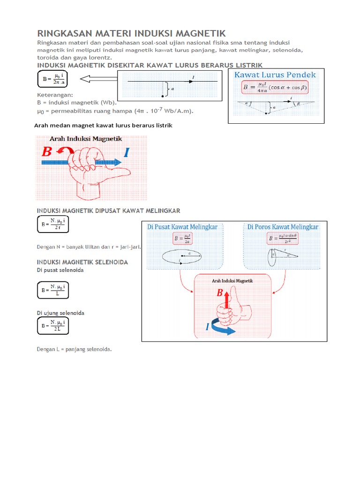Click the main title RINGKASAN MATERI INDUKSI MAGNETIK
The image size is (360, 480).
131,33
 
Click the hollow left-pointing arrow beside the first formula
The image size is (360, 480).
96,79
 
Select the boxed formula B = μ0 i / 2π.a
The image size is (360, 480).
52,79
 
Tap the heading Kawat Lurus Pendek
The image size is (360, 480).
275,75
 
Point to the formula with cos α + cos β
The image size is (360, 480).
276,88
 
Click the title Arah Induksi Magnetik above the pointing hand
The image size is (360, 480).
86,139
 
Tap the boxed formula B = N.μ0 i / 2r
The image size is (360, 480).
52,224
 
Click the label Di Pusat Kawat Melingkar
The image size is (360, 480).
182,227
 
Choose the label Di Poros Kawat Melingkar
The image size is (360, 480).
283,227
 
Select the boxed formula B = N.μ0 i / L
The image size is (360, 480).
52,290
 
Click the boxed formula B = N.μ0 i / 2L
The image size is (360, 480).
52,325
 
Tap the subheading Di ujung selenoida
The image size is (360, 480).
60,313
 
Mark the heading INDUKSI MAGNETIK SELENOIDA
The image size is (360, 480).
82,262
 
